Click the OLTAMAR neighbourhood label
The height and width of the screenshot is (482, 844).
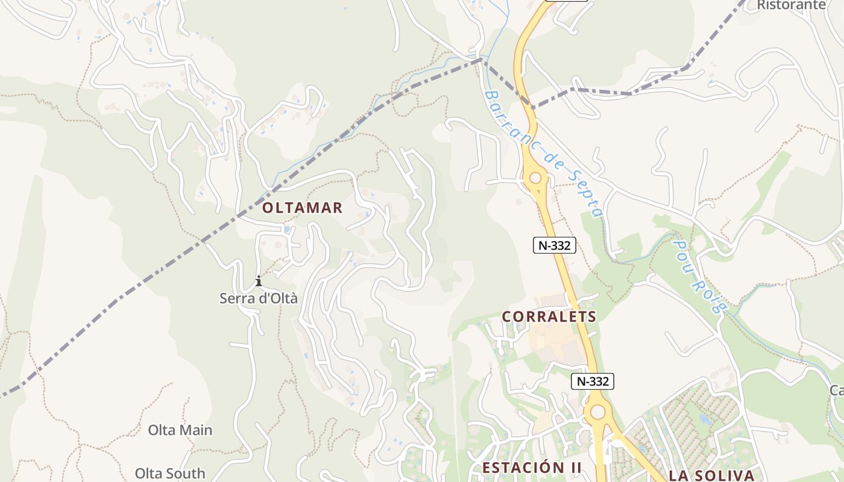pyautogui.click(x=302, y=208)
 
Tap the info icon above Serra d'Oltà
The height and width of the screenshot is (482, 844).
pyautogui.click(x=259, y=281)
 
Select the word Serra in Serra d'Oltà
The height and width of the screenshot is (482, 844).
pyautogui.click(x=235, y=298)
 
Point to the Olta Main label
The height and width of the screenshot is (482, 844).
pyautogui.click(x=180, y=430)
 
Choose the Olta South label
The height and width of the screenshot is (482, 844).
pyautogui.click(x=170, y=474)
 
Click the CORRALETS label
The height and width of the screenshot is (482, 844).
pyautogui.click(x=549, y=317)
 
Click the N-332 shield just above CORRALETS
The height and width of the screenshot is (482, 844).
pyautogui.click(x=555, y=245)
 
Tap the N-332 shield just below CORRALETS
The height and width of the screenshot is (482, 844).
pyautogui.click(x=593, y=381)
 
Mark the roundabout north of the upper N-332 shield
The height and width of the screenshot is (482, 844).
pyautogui.click(x=535, y=178)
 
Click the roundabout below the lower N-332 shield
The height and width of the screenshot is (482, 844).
pyautogui.click(x=597, y=412)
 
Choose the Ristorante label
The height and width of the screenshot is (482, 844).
pyautogui.click(x=792, y=5)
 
